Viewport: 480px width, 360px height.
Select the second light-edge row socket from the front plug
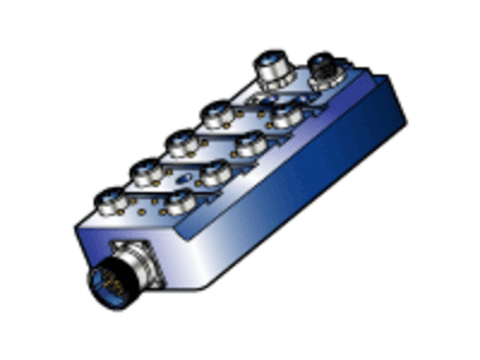[x=146, y=172]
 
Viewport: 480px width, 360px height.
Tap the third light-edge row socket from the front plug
[x=181, y=141]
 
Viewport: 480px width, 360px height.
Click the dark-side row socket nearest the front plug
[x=181, y=201]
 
